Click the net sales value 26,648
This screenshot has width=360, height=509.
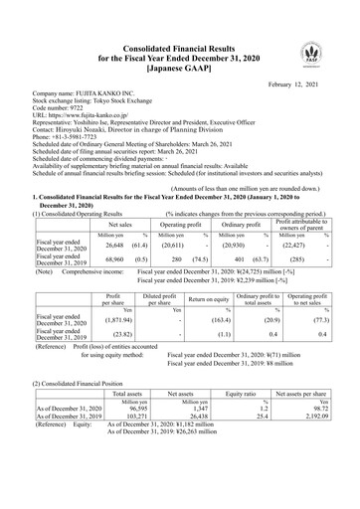click(x=108, y=243)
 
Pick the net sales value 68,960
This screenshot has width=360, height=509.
click(x=108, y=258)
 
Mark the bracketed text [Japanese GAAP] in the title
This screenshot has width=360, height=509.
click(x=179, y=70)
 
